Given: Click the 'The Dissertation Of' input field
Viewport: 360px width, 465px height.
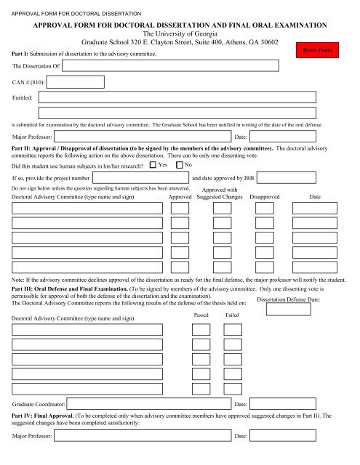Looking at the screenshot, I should point(170,65).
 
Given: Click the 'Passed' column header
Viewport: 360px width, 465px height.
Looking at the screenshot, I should point(201,315).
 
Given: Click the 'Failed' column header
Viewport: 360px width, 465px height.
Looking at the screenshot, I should point(232,315).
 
